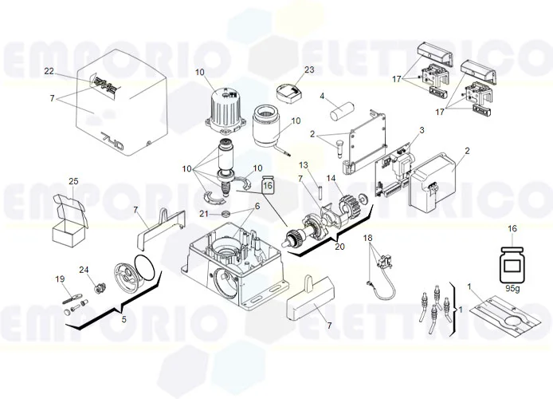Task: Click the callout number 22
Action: tap(49, 72)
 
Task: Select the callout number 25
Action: tap(73, 181)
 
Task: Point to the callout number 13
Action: tap(304, 164)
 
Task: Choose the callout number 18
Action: tap(367, 239)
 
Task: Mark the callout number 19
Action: tap(58, 279)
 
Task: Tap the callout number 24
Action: tap(84, 269)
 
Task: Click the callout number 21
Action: tap(203, 215)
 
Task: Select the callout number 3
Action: tap(422, 130)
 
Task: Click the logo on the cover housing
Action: tap(104, 84)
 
